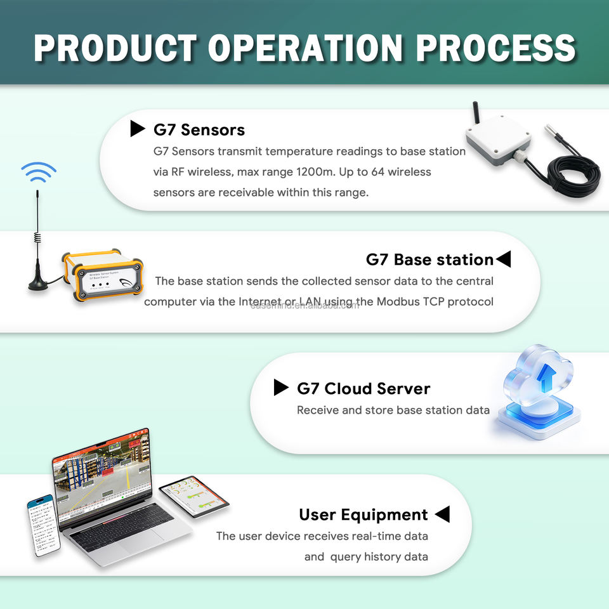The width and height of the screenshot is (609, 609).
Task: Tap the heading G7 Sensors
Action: click(x=199, y=130)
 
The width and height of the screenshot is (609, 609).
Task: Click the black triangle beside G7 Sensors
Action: click(x=138, y=129)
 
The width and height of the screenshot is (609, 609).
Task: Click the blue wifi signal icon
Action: click(x=39, y=172)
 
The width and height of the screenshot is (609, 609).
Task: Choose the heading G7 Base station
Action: click(x=429, y=259)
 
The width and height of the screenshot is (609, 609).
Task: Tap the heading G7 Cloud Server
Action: click(x=363, y=388)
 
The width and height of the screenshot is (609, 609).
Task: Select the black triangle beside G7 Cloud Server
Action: click(x=280, y=388)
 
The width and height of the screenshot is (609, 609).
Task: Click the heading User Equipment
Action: click(x=363, y=514)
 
